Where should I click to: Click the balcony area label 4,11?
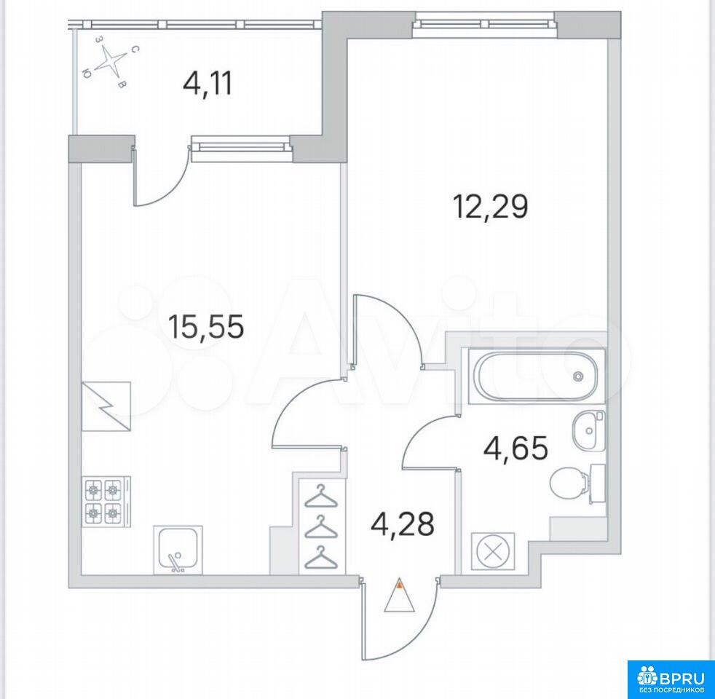207,84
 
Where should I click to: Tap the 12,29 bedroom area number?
490,207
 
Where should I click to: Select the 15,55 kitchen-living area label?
205,327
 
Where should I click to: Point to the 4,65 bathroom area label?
515,449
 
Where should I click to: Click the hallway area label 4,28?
402,524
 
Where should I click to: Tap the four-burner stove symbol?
106,502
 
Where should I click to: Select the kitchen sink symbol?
178,549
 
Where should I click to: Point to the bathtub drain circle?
578,376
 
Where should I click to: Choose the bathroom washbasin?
588,430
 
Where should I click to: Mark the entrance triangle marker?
400,595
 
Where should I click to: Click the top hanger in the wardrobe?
322,496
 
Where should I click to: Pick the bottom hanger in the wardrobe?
322,557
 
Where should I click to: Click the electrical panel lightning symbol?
106,406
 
